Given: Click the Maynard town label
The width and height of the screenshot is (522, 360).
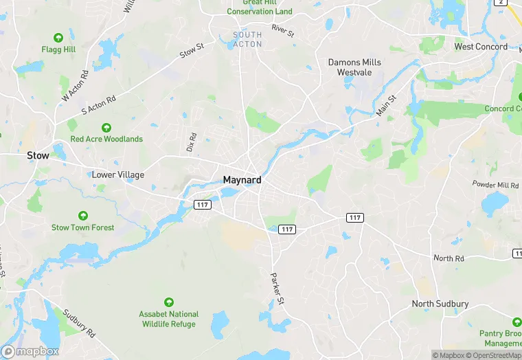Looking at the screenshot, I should point(241,181).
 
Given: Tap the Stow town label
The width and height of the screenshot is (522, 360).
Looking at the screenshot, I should point(38,156).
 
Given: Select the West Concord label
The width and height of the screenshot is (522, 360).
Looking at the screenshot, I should point(481,47).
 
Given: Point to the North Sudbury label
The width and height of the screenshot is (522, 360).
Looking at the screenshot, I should point(440,304).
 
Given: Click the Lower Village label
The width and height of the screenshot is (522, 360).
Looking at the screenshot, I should point(118,175).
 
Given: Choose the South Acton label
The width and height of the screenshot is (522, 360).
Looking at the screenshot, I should point(247,39).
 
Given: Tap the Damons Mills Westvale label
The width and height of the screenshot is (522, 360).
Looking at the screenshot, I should point(354,67).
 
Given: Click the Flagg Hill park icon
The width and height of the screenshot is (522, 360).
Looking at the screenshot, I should point(58,37).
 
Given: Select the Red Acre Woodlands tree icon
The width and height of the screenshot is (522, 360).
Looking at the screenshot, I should point(106,128).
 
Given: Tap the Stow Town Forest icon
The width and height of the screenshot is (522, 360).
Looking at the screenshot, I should point(83,216).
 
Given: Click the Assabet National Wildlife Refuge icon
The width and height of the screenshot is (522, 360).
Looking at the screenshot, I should point(169,302).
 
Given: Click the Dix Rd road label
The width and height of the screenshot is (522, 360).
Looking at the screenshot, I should point(192,142).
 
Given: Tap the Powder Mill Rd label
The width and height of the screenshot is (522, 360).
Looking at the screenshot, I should point(495,185).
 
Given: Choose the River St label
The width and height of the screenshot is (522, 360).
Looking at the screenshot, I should point(282,30).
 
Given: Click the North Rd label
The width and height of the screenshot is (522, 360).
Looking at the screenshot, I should point(449,258).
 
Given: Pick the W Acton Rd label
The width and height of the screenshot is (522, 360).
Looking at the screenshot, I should point(76,86).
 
